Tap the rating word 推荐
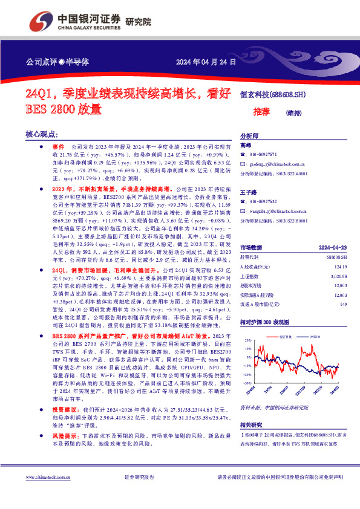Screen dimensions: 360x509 point(261,112)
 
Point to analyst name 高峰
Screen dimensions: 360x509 point(246,146)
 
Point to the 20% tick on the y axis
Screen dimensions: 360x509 point(247,341)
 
